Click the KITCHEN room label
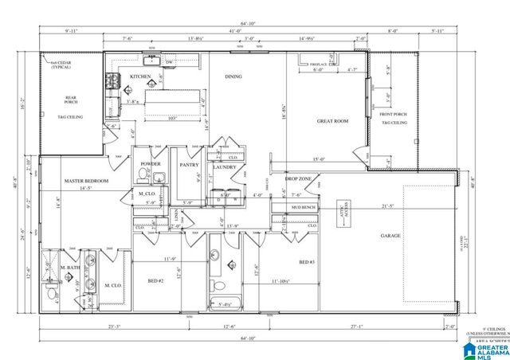(x=140, y=76)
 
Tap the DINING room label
(x=233, y=76)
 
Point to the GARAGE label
(x=390, y=236)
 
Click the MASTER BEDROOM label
(x=85, y=182)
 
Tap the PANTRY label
(x=189, y=165)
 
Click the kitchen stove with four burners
(x=112, y=80)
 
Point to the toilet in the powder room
(x=158, y=178)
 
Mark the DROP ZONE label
(x=298, y=178)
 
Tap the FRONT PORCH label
(x=393, y=115)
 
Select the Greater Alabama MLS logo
(x=486, y=348)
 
